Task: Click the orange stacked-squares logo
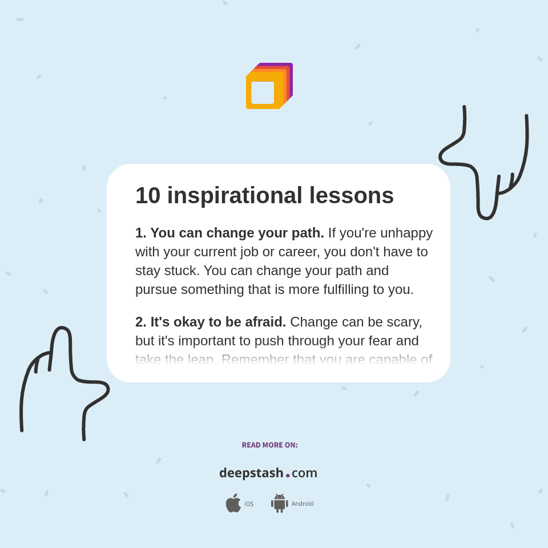269,86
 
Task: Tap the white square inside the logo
263,92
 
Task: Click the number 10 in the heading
148,196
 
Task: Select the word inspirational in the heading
235,196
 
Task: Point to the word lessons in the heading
351,196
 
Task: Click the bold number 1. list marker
140,233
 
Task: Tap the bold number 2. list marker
140,322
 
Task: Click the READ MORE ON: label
269,445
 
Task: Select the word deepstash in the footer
251,473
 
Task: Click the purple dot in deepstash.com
288,476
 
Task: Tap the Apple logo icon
233,503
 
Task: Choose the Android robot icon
279,503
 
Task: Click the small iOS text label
249,504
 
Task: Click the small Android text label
303,504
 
